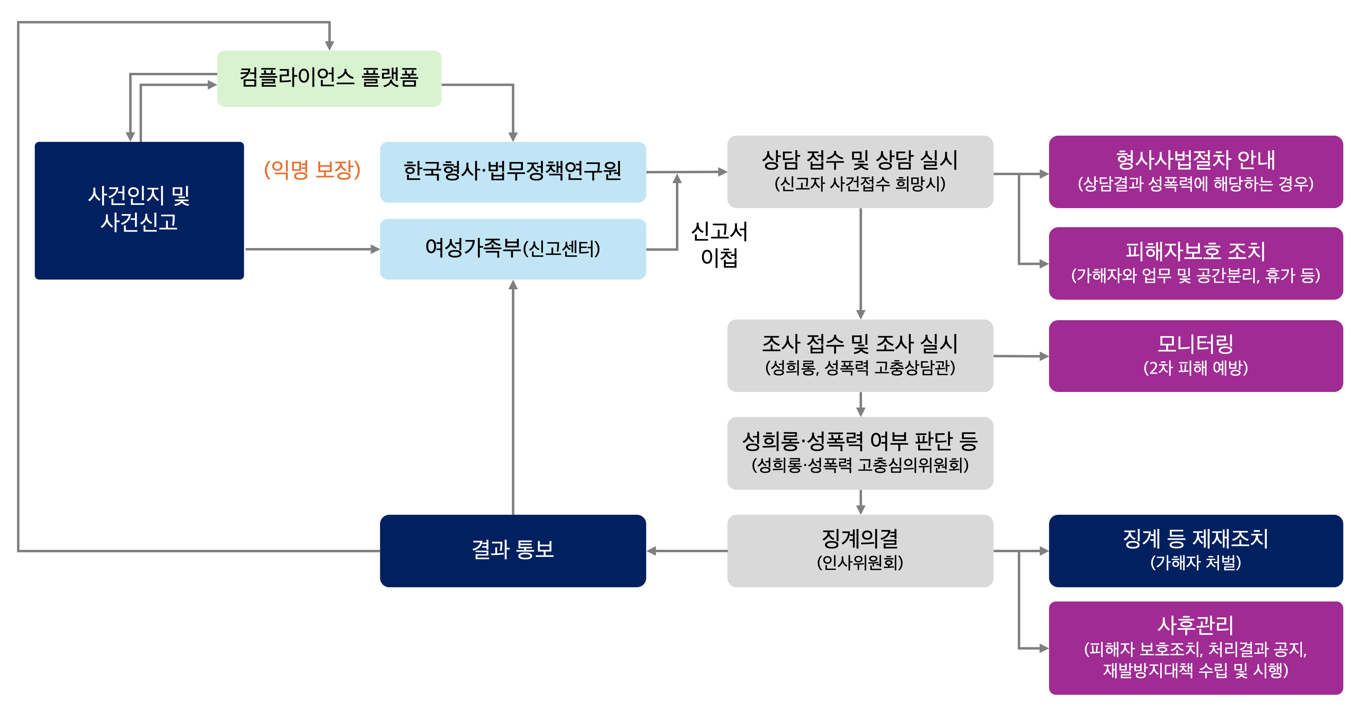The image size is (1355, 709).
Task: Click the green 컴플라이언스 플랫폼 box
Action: (329, 79)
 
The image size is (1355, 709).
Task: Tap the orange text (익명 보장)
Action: (312, 169)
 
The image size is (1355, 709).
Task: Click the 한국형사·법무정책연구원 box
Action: (513, 171)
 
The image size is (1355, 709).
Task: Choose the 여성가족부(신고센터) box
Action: (513, 249)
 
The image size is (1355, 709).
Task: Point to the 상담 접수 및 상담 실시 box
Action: (860, 171)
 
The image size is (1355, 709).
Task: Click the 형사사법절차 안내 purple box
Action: (1196, 171)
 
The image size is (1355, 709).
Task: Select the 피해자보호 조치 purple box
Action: (1196, 263)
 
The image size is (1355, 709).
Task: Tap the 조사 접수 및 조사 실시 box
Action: (860, 355)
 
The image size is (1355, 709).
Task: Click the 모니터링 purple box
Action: (1196, 356)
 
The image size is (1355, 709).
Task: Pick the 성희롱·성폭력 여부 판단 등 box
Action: (860, 453)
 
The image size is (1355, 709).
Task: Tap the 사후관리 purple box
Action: (1196, 648)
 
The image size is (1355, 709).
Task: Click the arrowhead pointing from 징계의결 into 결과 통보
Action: (651, 551)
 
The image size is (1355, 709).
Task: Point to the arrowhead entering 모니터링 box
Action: (1044, 356)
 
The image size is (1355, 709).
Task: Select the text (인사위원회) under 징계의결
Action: (860, 563)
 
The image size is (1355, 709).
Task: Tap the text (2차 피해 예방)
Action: (1196, 368)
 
